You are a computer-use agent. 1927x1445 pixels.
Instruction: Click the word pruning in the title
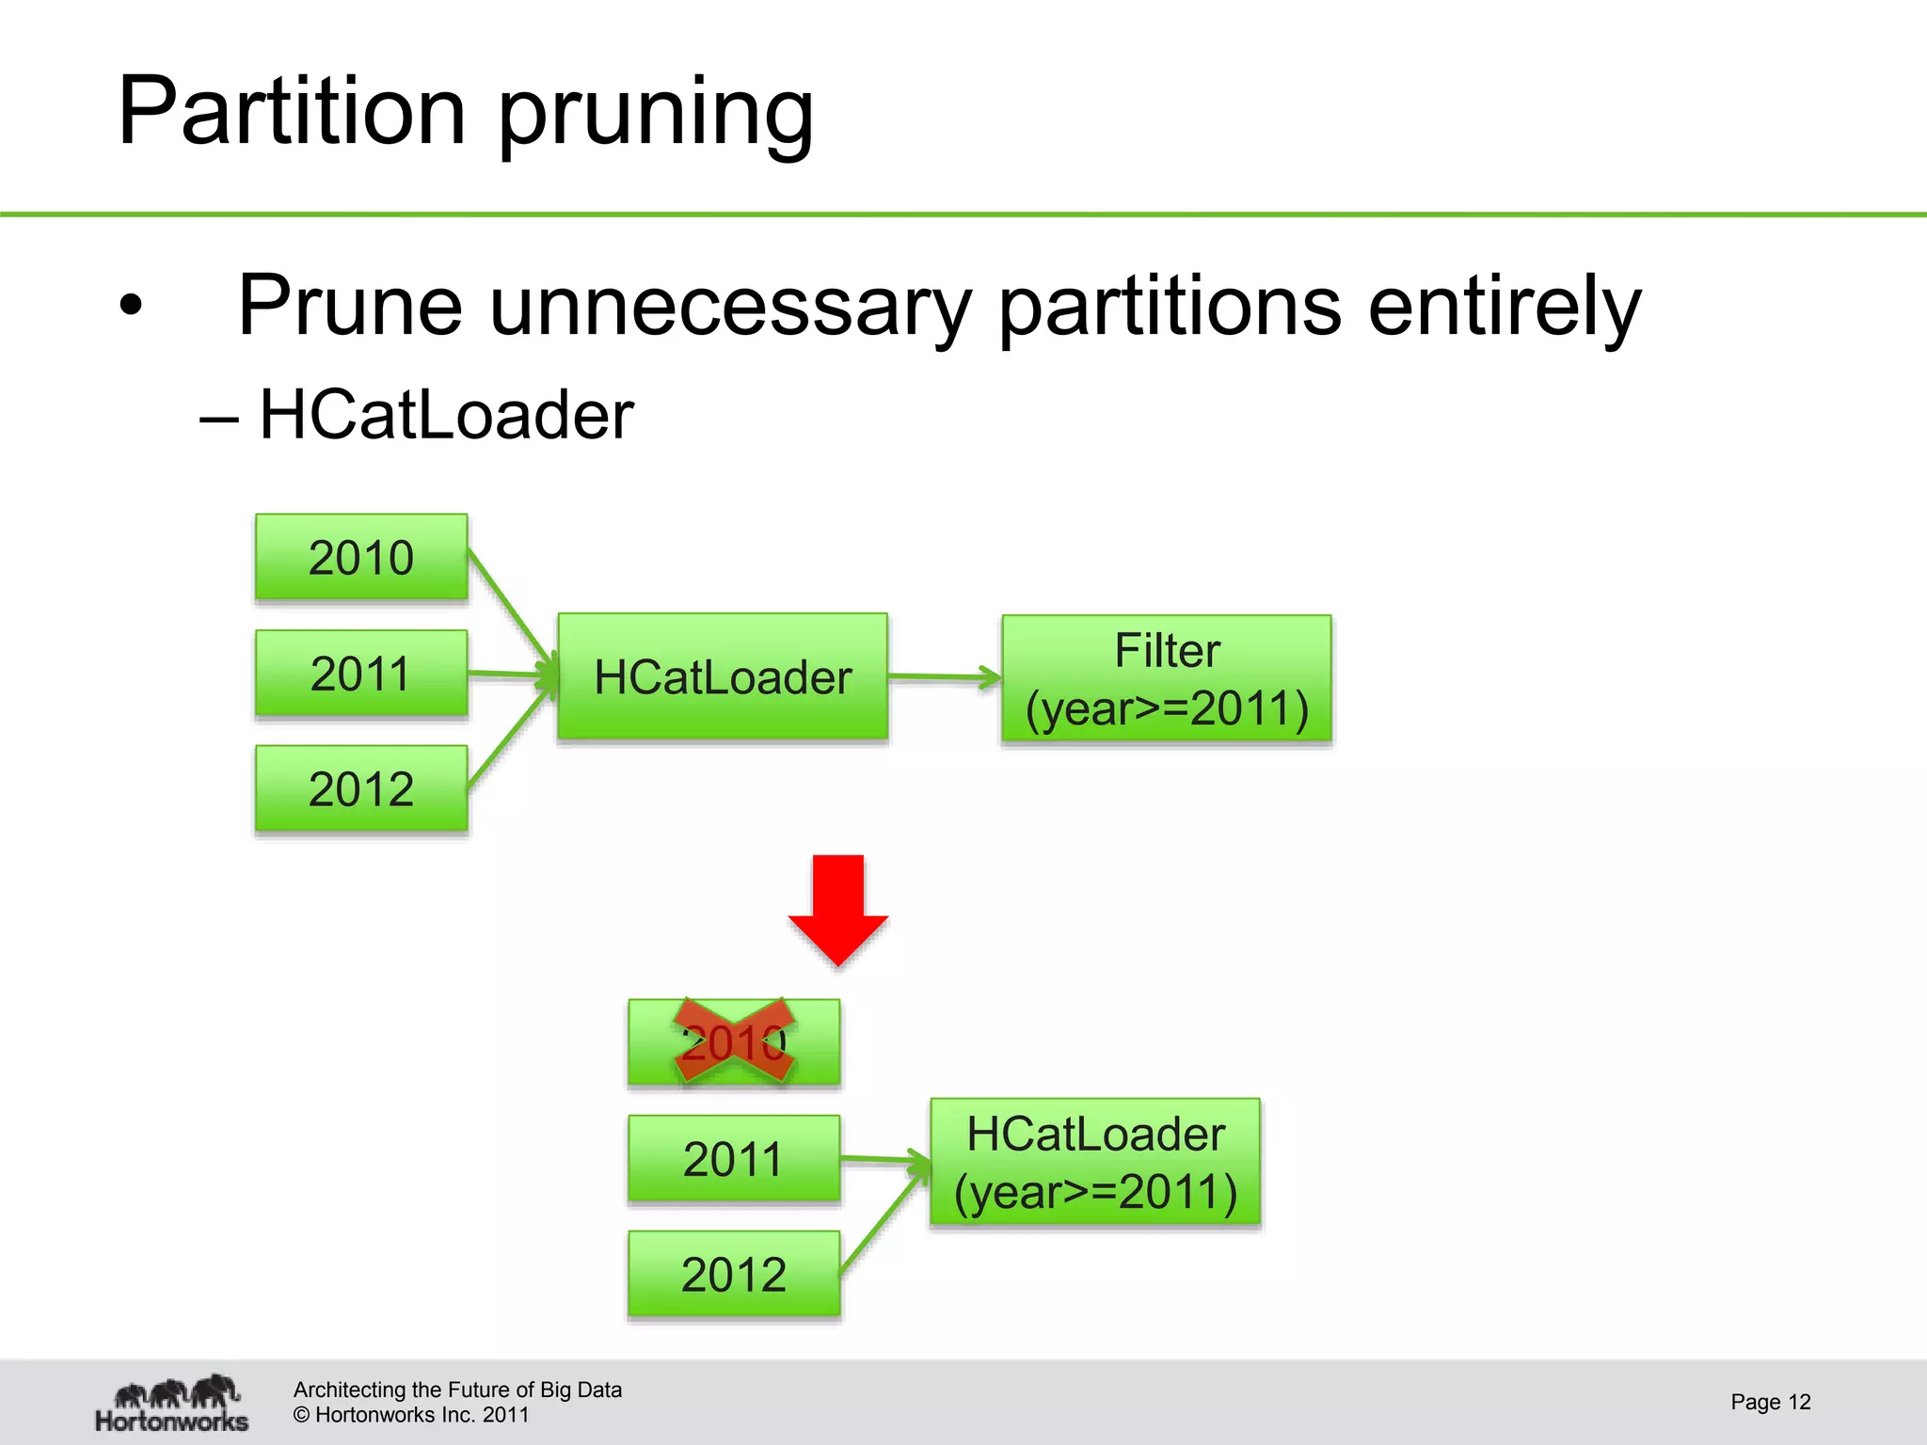[655, 115]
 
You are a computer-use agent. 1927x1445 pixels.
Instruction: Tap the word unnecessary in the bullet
[729, 306]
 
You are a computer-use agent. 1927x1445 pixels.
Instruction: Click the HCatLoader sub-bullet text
[445, 415]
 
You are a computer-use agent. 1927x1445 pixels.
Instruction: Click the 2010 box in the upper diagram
[361, 557]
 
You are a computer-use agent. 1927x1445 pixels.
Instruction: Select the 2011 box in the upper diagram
[361, 674]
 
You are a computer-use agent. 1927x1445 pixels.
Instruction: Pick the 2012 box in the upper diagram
[361, 788]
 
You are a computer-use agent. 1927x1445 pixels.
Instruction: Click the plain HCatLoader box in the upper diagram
[723, 677]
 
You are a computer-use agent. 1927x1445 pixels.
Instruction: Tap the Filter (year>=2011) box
[1167, 679]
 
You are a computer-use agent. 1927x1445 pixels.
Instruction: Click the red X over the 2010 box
[734, 1041]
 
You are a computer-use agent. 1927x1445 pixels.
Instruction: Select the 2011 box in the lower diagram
[734, 1158]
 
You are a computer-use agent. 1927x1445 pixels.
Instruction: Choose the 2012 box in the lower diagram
[734, 1274]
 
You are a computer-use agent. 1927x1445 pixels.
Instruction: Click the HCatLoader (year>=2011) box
[1095, 1163]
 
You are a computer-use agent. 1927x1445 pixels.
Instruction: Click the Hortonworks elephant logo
[172, 1403]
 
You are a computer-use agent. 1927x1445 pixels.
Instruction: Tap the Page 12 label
[1770, 1402]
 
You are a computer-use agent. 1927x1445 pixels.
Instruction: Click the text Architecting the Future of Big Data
[457, 1389]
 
